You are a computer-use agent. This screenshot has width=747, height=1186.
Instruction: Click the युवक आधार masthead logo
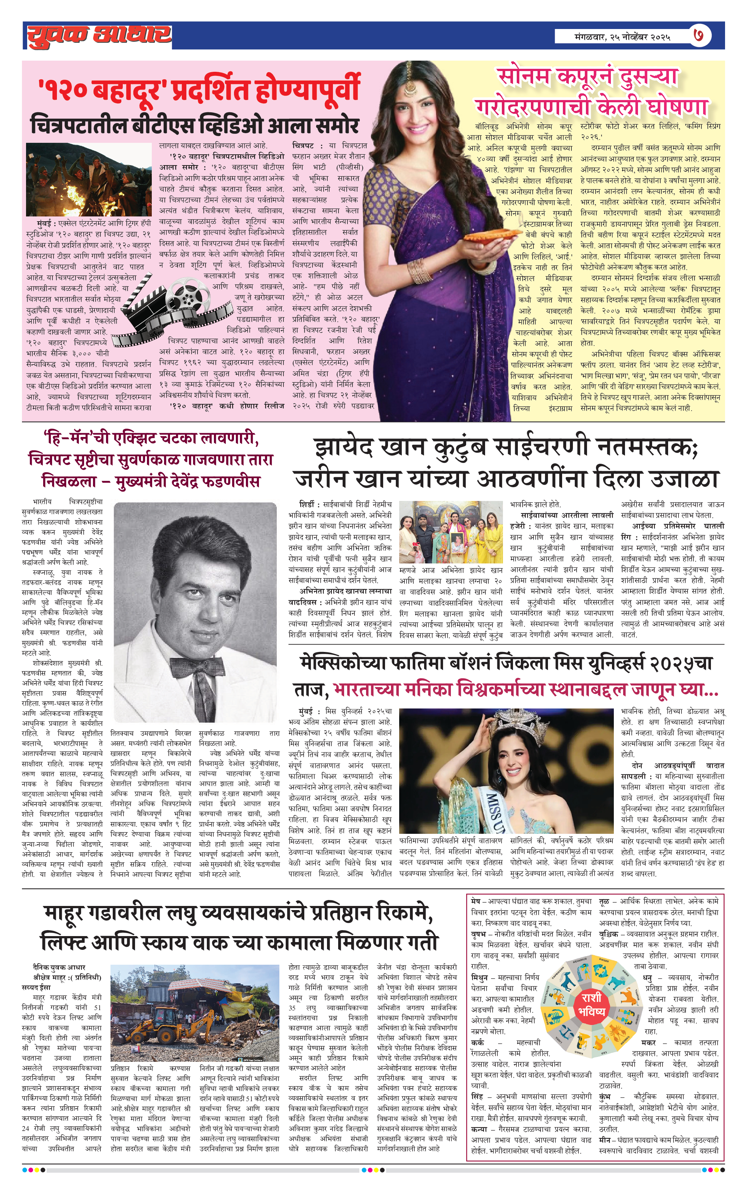coord(99,35)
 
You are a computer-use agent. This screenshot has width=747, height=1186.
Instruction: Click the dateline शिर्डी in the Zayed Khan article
coord(308,504)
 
